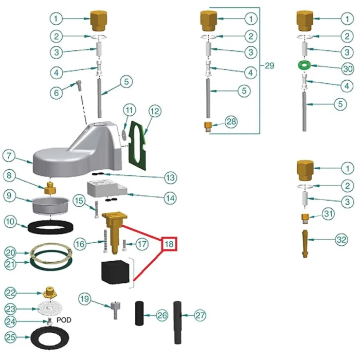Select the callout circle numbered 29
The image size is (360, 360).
[269, 66]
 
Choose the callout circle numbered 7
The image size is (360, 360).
[9, 155]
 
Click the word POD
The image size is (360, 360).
[63, 319]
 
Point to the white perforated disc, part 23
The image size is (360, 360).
[50, 309]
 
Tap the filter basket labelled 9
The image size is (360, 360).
[51, 205]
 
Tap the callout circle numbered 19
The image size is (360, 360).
[85, 299]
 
